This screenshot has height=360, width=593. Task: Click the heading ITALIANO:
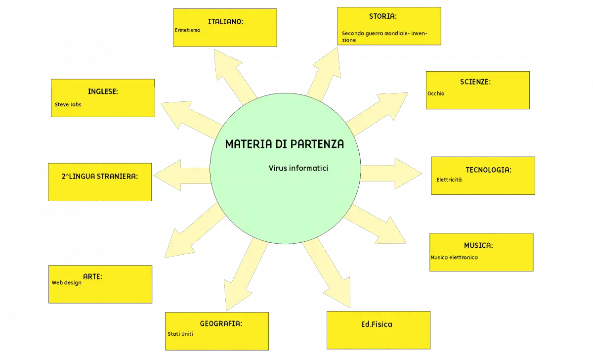[225, 22]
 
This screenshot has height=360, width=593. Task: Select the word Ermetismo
[187, 30]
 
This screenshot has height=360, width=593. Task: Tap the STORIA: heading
[383, 16]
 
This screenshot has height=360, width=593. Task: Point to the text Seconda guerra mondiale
[375, 33]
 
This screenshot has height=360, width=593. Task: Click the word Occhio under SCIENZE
[436, 93]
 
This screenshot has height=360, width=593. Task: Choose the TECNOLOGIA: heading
[488, 170]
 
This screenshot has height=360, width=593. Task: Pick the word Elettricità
[449, 180]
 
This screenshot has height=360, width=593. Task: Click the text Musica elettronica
[454, 258]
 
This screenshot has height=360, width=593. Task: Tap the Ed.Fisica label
[377, 324]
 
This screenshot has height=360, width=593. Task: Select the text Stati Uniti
[180, 334]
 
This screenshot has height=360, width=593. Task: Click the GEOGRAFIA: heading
[221, 324]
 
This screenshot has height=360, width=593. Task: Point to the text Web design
[66, 283]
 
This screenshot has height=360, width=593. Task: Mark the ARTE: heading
[93, 277]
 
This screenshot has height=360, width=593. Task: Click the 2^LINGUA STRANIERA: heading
[99, 177]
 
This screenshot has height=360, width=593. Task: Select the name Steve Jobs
[68, 105]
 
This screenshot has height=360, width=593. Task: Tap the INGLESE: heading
[103, 91]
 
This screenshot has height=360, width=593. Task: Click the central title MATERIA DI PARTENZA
[285, 144]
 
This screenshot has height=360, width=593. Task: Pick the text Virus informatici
[298, 168]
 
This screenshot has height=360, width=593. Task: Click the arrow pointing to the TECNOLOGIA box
[391, 174]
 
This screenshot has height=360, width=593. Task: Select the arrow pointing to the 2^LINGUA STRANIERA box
[182, 176]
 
